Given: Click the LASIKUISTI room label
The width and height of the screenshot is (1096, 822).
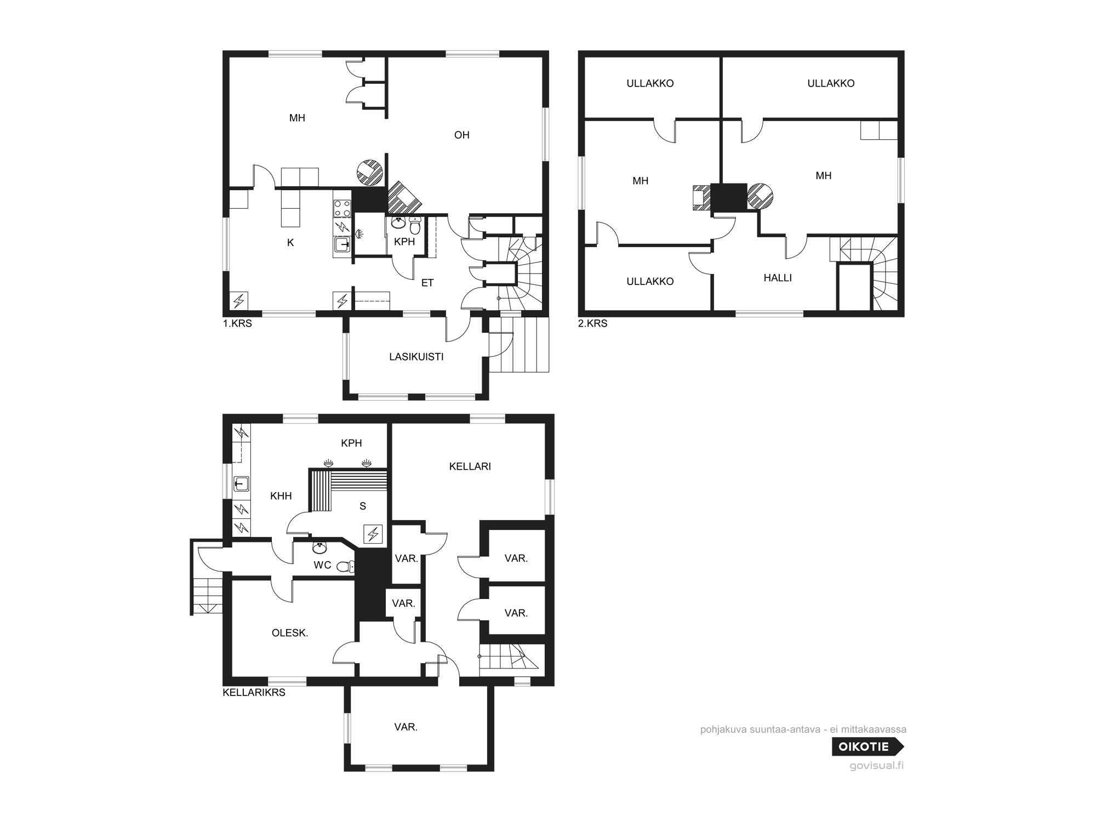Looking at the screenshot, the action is [416, 357].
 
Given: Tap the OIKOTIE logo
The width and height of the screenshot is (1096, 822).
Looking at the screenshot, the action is [868, 746].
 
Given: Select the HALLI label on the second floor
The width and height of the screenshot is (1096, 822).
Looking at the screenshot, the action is [778, 278].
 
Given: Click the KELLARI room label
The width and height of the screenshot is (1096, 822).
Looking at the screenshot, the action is [470, 466].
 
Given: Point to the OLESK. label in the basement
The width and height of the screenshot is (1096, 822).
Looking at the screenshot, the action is [290, 633].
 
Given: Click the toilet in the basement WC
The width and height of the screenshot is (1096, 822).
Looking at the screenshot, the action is [345, 567].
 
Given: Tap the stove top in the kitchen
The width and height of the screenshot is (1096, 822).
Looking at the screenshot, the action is [342, 208].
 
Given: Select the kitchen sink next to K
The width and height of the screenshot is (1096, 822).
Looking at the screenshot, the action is [342, 244].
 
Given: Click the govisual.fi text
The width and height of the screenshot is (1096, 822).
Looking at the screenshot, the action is [876, 766].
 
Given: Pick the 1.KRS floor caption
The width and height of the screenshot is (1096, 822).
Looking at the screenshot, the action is [237, 324].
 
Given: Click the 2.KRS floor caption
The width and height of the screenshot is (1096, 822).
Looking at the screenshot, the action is [593, 324].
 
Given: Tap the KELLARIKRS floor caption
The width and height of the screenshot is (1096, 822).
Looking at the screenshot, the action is [254, 693].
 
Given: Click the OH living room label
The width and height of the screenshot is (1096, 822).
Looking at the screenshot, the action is [462, 135].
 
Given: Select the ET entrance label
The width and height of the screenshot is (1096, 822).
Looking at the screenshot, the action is [427, 283].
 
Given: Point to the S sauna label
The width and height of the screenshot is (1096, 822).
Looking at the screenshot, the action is [363, 506].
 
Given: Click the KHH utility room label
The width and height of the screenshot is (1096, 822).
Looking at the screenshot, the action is [281, 496].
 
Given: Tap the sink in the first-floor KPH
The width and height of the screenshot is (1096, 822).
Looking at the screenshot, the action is [398, 222].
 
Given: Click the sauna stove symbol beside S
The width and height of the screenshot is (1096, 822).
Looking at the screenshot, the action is [373, 534].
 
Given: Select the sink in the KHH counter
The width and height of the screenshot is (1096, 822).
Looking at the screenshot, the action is [242, 484].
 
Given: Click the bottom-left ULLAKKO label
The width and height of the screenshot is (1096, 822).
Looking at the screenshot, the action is [650, 282].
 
